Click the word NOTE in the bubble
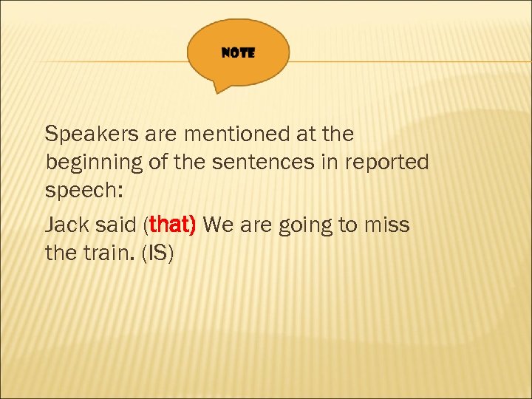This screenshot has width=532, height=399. point(238,53)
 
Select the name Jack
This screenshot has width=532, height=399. point(69,225)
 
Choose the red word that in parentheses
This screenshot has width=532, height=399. point(171,225)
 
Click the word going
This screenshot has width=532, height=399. point(306,225)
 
